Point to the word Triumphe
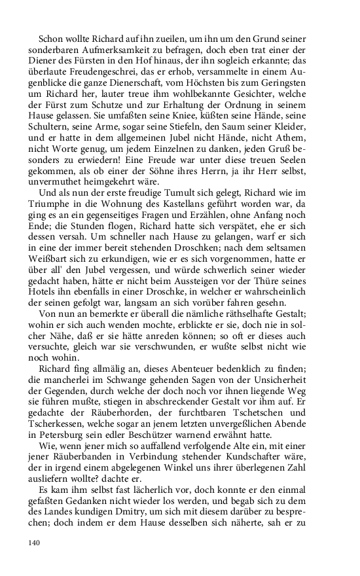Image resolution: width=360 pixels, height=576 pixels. pos(48,196)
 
